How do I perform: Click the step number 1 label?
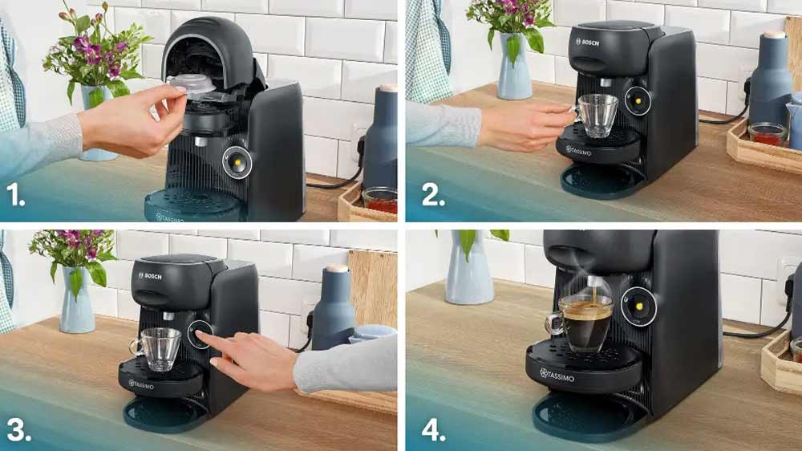(x=15, y=195)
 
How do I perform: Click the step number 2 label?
(x=433, y=195)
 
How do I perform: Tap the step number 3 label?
(x=19, y=430)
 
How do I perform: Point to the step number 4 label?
(x=433, y=430)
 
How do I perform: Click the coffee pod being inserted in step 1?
(x=192, y=85)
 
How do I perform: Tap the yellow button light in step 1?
(x=237, y=163)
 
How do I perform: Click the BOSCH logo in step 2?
(x=587, y=43)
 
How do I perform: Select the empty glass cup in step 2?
(x=595, y=116)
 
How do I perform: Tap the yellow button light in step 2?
(x=638, y=101)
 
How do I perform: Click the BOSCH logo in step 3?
(x=150, y=276)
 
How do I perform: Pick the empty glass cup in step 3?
(x=156, y=349)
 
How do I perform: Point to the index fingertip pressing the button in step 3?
(x=199, y=334)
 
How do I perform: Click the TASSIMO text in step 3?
(x=141, y=384)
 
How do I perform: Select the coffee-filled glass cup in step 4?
(x=580, y=323)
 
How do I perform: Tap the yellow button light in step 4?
(x=638, y=307)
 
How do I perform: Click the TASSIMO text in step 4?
(x=557, y=376)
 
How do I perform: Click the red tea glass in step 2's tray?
(x=768, y=135)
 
